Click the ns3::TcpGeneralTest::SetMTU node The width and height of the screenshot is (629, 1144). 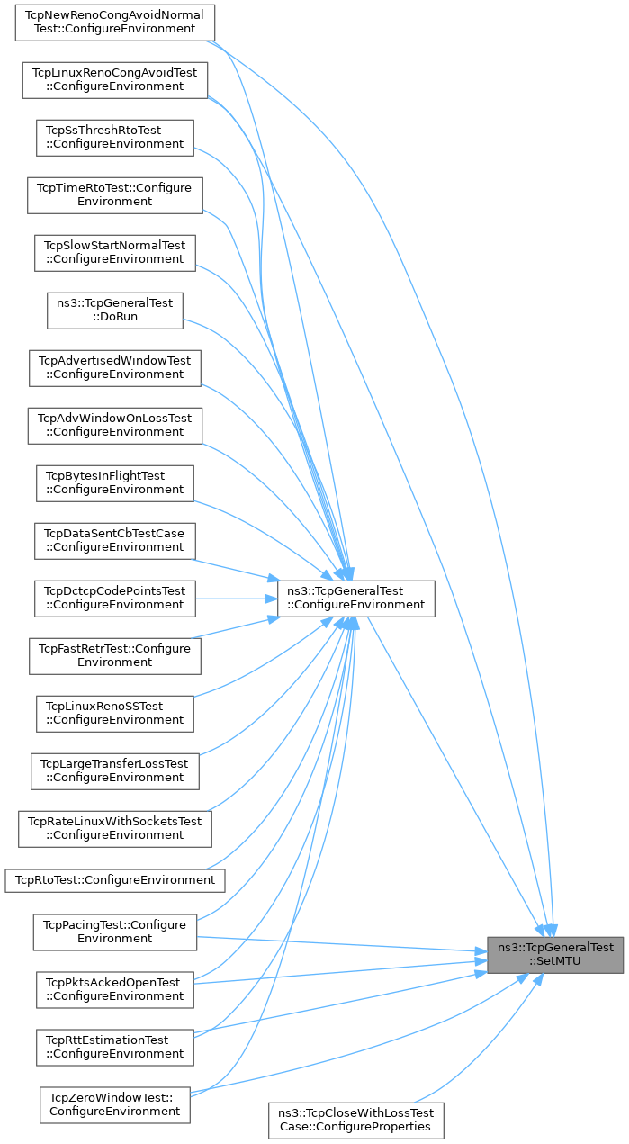tap(554, 954)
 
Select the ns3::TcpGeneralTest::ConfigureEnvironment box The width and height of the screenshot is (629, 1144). tap(355, 598)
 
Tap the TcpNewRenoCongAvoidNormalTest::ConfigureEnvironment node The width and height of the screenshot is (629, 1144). tap(113, 22)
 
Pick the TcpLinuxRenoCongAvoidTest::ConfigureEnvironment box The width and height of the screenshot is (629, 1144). tap(114, 79)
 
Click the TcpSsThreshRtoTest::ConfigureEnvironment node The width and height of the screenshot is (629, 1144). tap(115, 137)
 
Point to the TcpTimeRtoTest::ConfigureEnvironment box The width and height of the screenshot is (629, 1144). tap(114, 194)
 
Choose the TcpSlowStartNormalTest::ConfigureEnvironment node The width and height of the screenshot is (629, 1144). tap(115, 252)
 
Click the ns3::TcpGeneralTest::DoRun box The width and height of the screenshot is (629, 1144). tap(115, 310)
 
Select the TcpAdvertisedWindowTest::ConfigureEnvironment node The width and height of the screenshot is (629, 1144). tap(114, 367)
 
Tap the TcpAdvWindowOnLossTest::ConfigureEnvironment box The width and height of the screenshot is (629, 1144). tap(114, 425)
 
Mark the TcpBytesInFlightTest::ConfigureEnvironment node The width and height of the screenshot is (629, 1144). tap(115, 482)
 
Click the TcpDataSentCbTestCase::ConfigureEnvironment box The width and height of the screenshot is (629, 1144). tap(115, 540)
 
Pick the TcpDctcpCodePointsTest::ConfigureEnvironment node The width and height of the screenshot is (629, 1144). tap(115, 598)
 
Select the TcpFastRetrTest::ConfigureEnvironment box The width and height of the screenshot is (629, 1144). tap(114, 655)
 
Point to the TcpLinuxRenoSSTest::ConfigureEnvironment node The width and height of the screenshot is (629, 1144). tap(115, 713)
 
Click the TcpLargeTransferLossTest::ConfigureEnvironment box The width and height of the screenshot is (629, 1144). tap(114, 770)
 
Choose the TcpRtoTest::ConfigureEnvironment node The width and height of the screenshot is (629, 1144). tap(114, 879)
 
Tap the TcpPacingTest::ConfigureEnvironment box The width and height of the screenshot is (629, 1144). tap(114, 932)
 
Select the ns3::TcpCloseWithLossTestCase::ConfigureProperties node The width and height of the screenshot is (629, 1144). tap(356, 1120)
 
